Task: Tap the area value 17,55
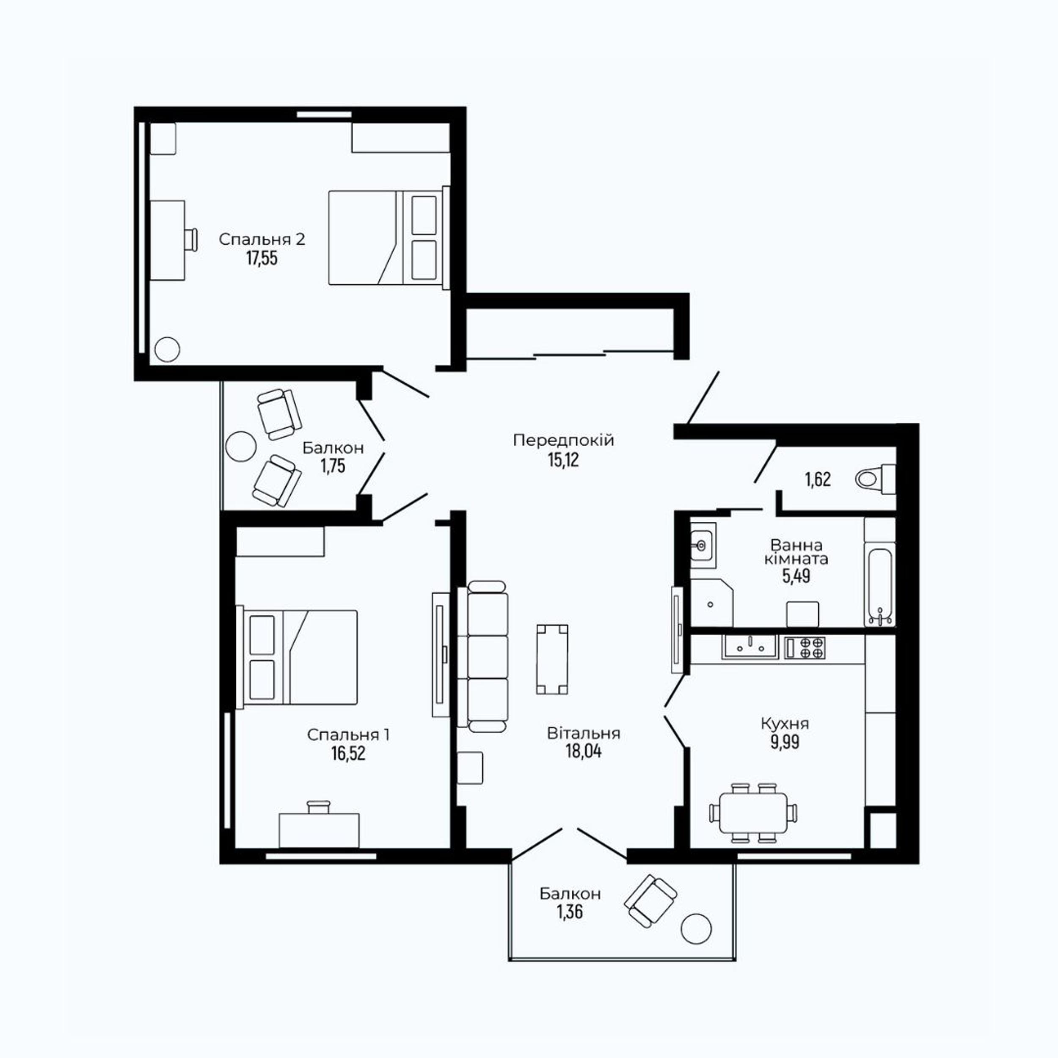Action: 262,258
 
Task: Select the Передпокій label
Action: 564,440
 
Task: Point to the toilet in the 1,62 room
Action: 875,479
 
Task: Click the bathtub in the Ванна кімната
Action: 880,587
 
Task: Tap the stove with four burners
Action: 805,647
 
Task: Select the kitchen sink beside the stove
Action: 749,647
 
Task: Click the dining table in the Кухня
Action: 753,812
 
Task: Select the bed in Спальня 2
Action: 389,238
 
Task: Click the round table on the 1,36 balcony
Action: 697,929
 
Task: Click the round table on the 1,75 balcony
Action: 240,446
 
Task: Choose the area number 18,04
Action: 583,751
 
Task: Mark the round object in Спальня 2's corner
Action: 167,348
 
